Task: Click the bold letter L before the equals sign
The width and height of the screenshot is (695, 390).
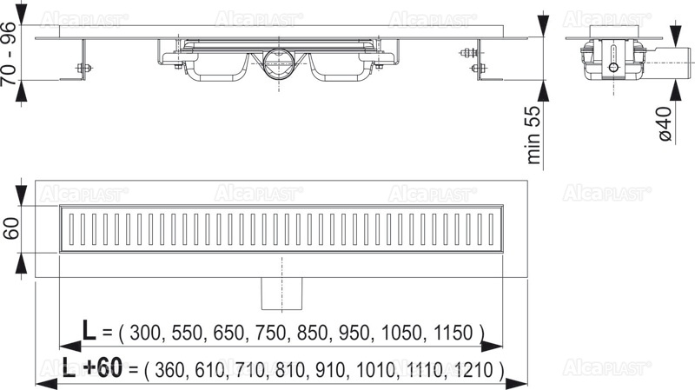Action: click(88, 331)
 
